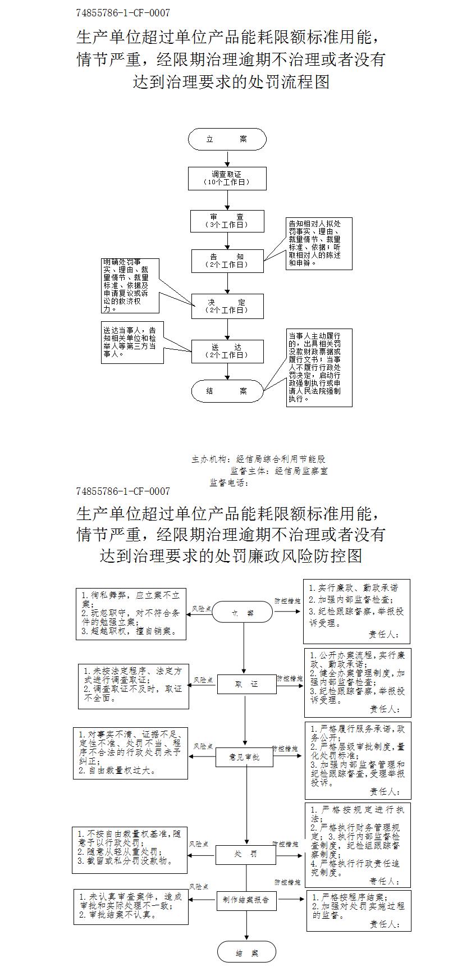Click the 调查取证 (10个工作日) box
click(227, 178)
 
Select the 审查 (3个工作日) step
click(227, 221)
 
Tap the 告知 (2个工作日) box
click(227, 261)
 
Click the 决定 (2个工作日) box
click(227, 306)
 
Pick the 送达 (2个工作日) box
click(227, 351)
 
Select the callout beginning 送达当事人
click(132, 343)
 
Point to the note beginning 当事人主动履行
click(319, 367)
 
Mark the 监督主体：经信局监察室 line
click(279, 471)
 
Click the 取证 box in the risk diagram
click(246, 684)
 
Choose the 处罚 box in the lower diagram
click(246, 854)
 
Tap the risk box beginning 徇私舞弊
click(131, 613)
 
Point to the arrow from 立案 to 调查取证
click(227, 158)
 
